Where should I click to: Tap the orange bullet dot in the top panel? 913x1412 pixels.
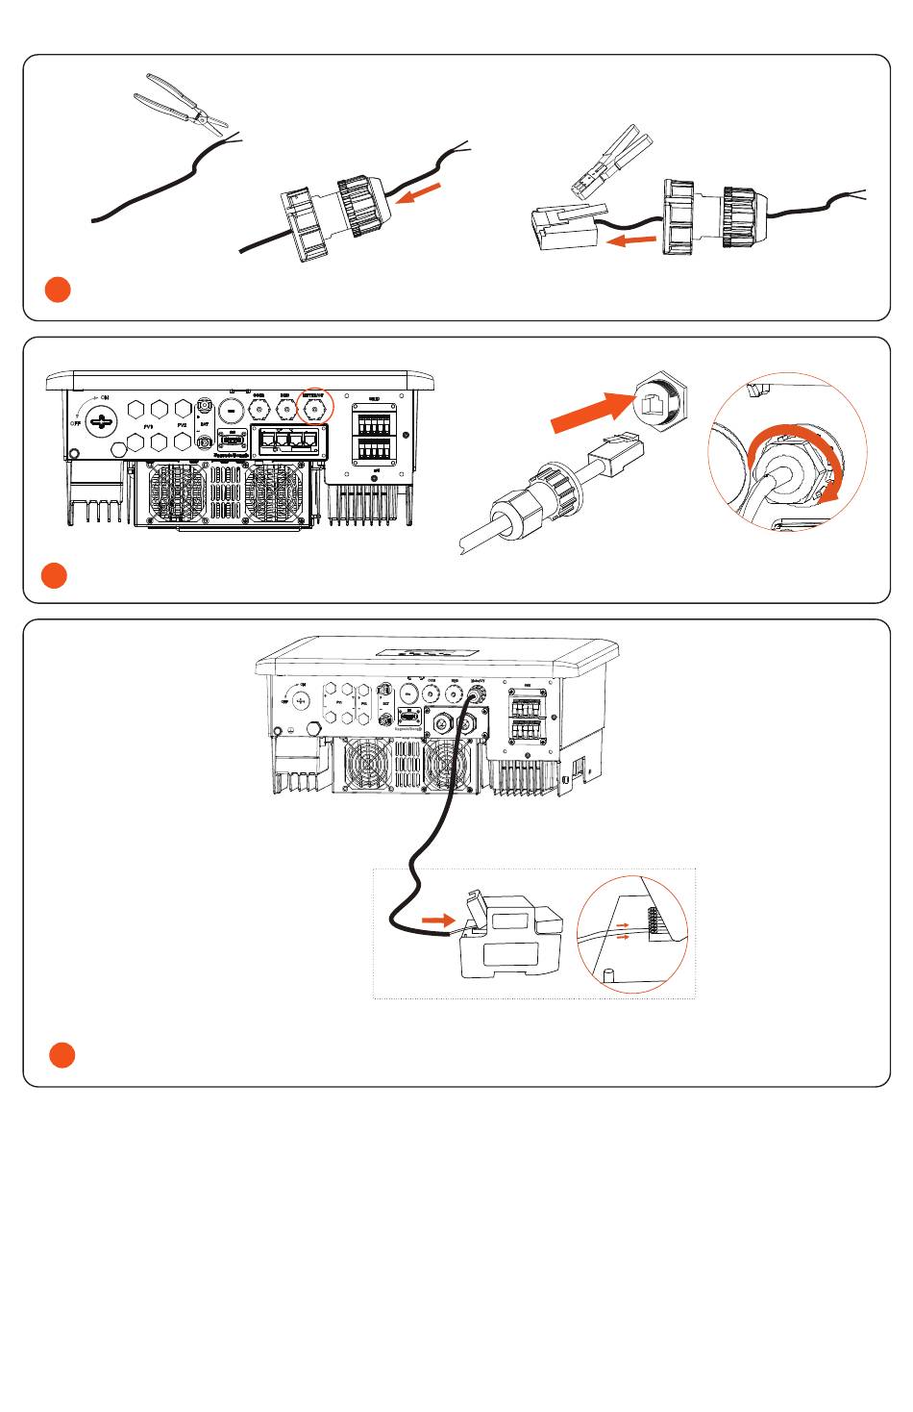click(58, 289)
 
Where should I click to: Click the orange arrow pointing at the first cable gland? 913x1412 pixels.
click(419, 194)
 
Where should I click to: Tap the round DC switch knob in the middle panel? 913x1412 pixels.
click(101, 419)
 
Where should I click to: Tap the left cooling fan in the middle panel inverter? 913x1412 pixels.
click(178, 492)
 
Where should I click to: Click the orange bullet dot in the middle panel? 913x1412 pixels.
click(54, 575)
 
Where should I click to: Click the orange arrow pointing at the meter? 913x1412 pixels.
click(438, 920)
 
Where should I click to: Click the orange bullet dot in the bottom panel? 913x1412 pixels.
click(62, 1054)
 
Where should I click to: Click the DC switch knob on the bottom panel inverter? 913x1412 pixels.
click(301, 700)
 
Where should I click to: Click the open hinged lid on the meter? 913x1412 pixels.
click(475, 909)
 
